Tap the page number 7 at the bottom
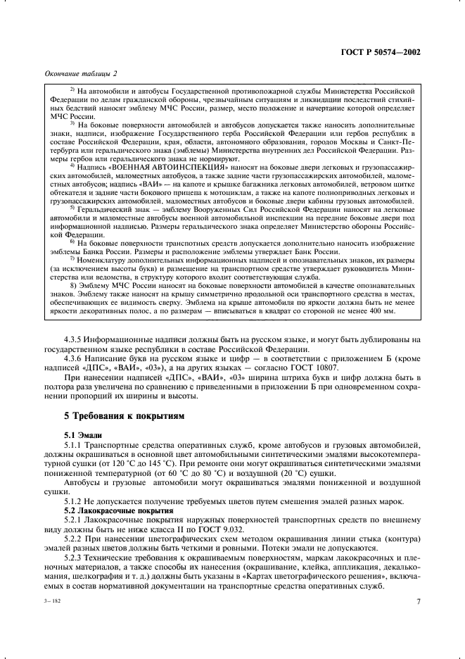tap(418, 601)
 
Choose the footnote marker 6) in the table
tap(72, 241)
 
